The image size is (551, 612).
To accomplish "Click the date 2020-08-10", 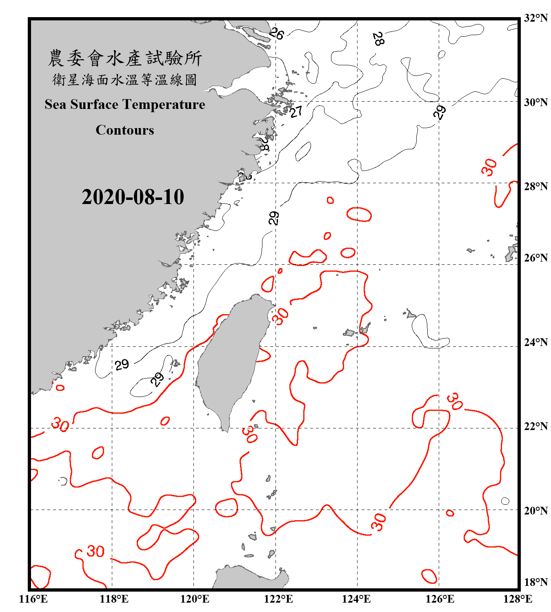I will [133, 197].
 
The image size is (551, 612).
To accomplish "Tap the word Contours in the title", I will [125, 130].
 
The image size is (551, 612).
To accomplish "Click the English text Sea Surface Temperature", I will [125, 104].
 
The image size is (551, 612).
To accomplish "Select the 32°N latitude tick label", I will [535, 18].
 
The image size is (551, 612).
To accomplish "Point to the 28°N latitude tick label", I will [535, 186].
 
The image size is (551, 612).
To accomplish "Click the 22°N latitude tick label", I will [535, 426].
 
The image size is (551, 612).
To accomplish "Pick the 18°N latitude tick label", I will [535, 582].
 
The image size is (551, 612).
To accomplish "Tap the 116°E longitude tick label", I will [33, 599].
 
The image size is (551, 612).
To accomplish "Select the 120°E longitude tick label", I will [195, 599].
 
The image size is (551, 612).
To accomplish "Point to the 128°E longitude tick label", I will [518, 599].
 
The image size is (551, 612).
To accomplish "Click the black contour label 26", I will [276, 33].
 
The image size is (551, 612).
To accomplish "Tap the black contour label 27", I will [296, 111].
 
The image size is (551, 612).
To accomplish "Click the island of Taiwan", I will [231, 359].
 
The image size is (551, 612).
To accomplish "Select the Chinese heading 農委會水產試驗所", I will [125, 58].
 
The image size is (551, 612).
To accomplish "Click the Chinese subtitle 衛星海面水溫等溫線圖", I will [125, 80].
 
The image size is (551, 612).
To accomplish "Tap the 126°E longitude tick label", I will [440, 599].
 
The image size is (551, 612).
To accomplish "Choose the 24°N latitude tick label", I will [535, 342].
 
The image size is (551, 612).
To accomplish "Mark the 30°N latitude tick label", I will [535, 102].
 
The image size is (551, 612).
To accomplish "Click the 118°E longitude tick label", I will [114, 599].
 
